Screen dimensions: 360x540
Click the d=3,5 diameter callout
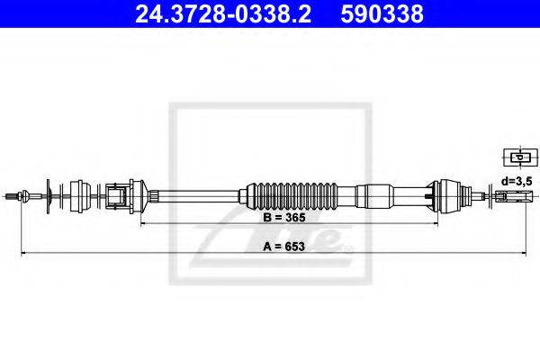click(x=516, y=180)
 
